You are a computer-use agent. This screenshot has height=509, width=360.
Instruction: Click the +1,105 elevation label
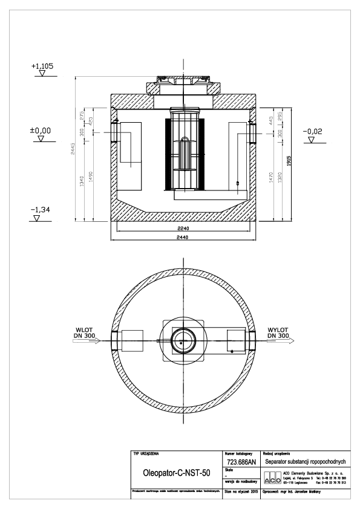(x=42, y=65)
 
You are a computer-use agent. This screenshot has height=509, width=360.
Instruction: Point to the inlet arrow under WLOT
(x=85, y=340)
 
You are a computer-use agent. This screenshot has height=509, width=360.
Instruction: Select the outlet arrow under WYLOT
(x=281, y=340)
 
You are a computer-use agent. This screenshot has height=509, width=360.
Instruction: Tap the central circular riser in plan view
(x=182, y=340)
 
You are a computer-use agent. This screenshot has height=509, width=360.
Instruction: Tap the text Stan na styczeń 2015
(x=240, y=491)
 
